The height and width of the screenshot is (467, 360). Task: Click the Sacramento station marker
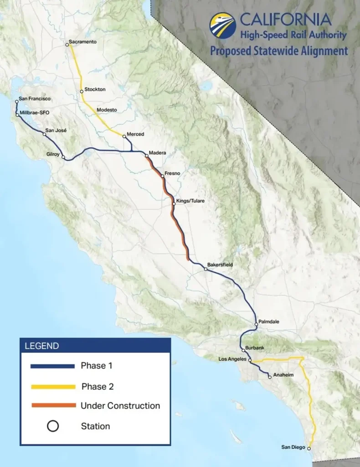(67, 45)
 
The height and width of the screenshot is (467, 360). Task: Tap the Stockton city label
(95, 89)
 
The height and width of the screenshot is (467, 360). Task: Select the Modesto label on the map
(107, 110)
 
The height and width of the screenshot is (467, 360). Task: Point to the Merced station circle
(124, 136)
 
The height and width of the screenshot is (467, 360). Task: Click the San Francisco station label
(35, 99)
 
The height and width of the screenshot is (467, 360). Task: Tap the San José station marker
(45, 135)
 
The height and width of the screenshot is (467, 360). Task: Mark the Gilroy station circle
(63, 158)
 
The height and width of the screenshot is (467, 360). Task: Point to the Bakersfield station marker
(206, 269)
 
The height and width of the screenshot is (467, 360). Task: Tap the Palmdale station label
(268, 322)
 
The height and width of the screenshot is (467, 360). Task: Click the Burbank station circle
(243, 350)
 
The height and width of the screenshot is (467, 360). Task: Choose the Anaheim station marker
(270, 377)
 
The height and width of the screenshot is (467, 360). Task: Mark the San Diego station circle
(309, 448)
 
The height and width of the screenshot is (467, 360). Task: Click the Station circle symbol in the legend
(53, 426)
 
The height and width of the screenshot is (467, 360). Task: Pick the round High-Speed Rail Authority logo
(222, 25)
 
